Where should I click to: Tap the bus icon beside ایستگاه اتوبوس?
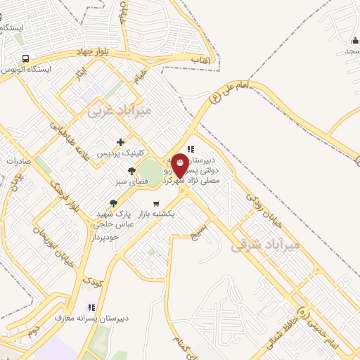coord(26,58)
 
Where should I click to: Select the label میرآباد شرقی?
coord(264,245)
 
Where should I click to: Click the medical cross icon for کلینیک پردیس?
coord(122,142)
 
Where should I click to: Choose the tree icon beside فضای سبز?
coord(131,170)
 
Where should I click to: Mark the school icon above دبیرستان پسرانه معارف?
coord(90,307)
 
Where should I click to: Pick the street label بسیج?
coord(202,229)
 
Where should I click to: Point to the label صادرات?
coord(19,160)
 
